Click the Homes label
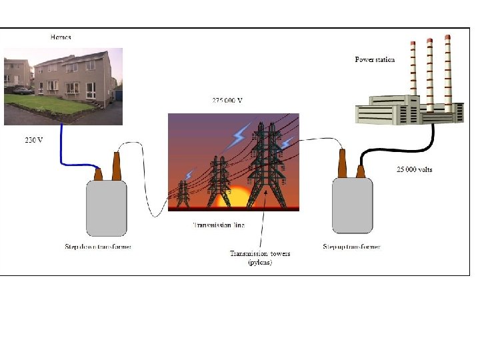61,37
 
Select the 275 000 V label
227,101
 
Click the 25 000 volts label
414,169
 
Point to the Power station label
375,60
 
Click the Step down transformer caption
98,247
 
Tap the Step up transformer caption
352,247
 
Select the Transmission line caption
219,225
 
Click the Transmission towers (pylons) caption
260,258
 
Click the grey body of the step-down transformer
106,208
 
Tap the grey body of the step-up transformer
352,205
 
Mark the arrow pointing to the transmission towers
263,220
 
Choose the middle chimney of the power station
430,73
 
